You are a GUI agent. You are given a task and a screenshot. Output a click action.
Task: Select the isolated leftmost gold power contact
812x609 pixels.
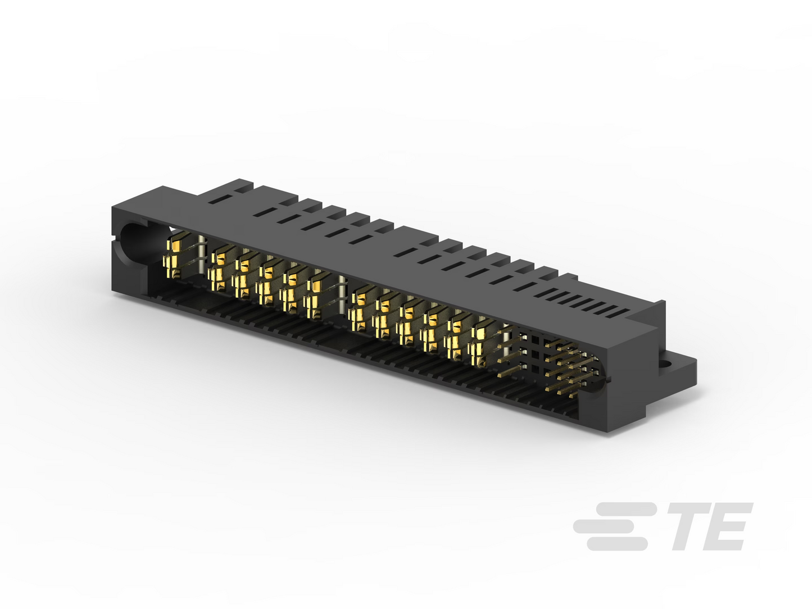click(174, 256)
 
